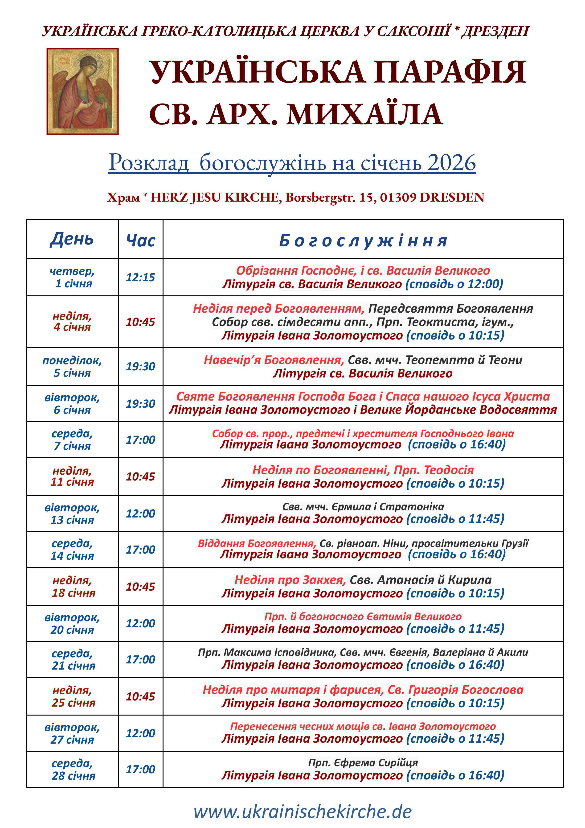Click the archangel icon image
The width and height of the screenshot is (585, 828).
[82, 92]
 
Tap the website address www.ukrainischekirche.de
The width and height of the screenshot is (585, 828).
[303, 812]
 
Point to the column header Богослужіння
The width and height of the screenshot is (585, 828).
[363, 240]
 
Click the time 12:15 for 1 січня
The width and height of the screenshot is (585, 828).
[141, 277]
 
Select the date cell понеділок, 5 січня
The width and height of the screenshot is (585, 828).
[72, 366]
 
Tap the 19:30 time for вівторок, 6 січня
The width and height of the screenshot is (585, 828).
[141, 404]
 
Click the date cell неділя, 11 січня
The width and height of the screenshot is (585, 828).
[72, 476]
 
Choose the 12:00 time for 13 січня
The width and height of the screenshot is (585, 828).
[141, 513]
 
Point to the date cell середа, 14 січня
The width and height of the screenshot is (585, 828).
[72, 550]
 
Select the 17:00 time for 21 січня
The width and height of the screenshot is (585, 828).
[141, 660]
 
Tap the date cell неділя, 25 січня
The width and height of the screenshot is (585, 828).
[72, 696]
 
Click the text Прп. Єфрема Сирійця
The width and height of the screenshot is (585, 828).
[363, 763]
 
